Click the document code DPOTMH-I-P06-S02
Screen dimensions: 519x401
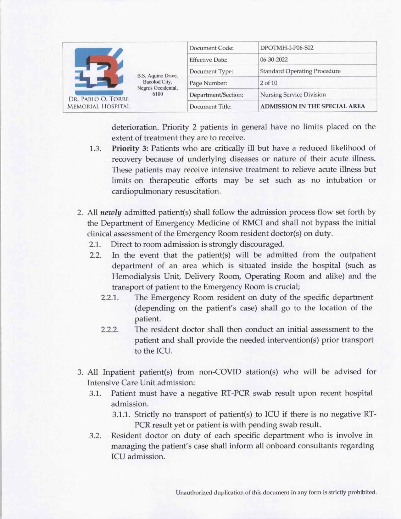tap(287, 48)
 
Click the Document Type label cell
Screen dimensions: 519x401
tap(211, 71)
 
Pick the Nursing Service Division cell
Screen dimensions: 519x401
tap(293, 95)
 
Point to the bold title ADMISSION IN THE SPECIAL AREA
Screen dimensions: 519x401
tap(313, 106)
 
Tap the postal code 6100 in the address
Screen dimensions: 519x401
tap(158, 93)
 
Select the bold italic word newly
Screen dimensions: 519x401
tap(111, 212)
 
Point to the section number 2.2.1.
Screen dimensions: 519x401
tap(110, 298)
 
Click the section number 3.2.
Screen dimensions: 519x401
tap(95, 436)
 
